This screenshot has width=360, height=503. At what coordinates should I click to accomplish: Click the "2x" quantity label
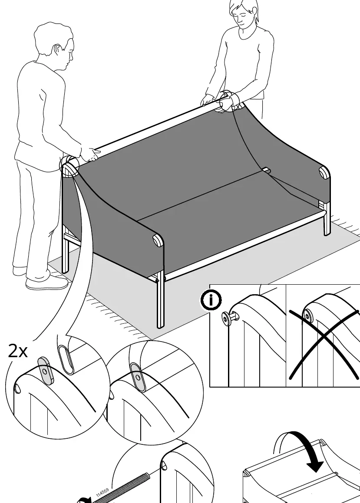click(18, 351)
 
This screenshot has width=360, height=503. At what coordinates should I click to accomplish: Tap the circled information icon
click(211, 300)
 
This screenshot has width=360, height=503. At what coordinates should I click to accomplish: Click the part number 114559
click(102, 493)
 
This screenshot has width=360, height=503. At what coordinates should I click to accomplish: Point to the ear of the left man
click(57, 50)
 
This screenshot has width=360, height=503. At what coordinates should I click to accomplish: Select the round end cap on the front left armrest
click(158, 240)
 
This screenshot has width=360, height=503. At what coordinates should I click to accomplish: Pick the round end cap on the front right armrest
click(324, 173)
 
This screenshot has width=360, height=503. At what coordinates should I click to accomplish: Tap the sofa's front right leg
click(327, 219)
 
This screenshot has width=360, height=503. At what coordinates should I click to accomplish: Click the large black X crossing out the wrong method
click(324, 343)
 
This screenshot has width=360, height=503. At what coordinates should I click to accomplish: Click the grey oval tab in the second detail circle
click(138, 377)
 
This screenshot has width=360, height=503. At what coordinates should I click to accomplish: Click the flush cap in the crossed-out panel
click(307, 316)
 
